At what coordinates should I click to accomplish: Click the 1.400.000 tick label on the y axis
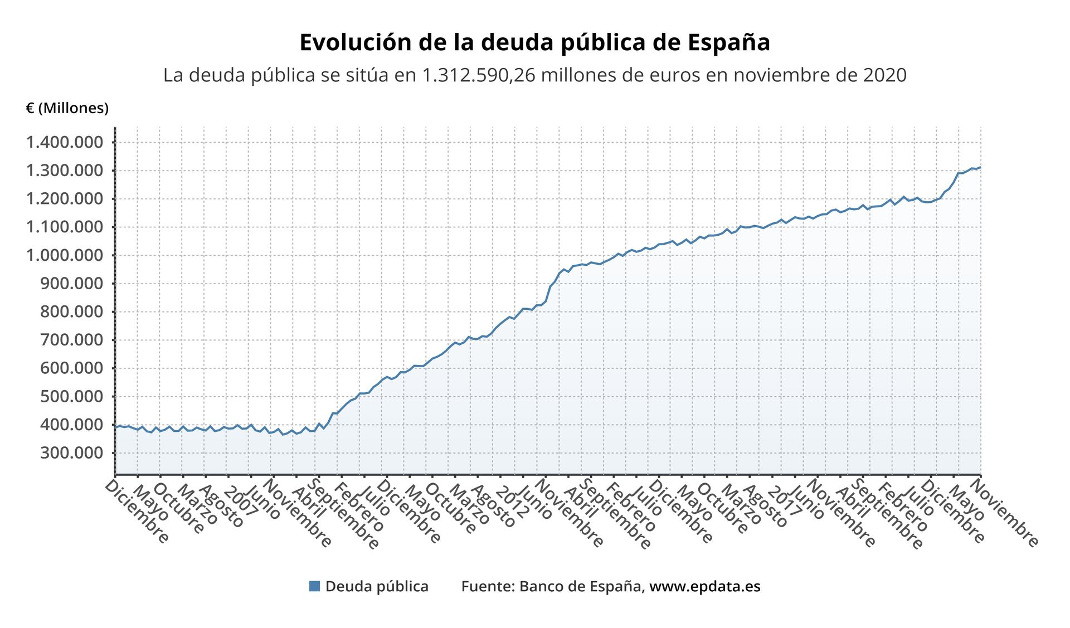click(65, 142)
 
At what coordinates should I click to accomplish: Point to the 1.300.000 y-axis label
click(65, 171)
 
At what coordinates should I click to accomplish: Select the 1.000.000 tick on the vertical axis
click(65, 255)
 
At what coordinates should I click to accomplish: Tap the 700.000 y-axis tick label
click(72, 340)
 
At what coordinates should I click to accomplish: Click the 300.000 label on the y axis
click(72, 452)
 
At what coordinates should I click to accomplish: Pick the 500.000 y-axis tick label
click(72, 396)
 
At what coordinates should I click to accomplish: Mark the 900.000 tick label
click(72, 284)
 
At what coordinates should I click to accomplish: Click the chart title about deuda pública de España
click(534, 42)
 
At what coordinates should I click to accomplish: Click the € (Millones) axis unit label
click(67, 108)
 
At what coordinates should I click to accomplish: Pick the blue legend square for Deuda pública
click(314, 586)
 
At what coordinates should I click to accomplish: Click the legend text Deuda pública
click(377, 586)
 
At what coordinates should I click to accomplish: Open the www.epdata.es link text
click(704, 586)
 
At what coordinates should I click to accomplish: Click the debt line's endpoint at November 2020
click(980, 167)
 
